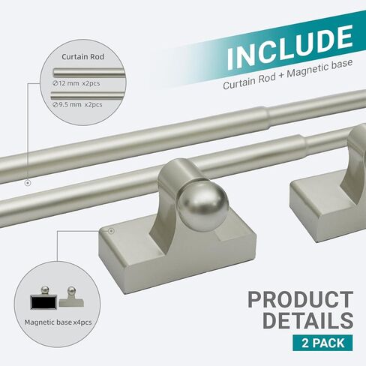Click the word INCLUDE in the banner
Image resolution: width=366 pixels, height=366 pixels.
click(x=289, y=46)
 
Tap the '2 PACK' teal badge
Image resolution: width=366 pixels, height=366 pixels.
click(x=322, y=343)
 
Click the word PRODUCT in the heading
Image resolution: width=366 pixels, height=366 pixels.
click(x=301, y=299)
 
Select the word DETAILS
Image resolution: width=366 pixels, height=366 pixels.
click(x=308, y=320)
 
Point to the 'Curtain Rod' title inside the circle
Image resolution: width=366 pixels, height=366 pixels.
click(x=82, y=57)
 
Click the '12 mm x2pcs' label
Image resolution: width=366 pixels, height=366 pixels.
click(x=76, y=83)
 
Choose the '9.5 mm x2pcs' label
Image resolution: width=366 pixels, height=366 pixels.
click(x=77, y=104)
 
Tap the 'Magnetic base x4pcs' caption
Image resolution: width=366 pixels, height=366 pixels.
click(x=58, y=322)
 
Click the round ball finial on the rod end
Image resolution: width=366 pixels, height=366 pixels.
click(x=203, y=205)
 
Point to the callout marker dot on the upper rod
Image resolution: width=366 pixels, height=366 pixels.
click(x=28, y=183)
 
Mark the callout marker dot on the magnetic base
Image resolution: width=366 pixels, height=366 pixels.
click(x=111, y=231)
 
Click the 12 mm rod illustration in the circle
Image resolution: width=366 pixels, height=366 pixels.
click(x=89, y=73)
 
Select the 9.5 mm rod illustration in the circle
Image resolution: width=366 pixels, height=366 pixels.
click(x=88, y=95)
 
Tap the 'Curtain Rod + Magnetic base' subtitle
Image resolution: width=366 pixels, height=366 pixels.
click(x=287, y=74)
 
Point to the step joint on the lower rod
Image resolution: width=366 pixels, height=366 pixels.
click(x=302, y=145)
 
